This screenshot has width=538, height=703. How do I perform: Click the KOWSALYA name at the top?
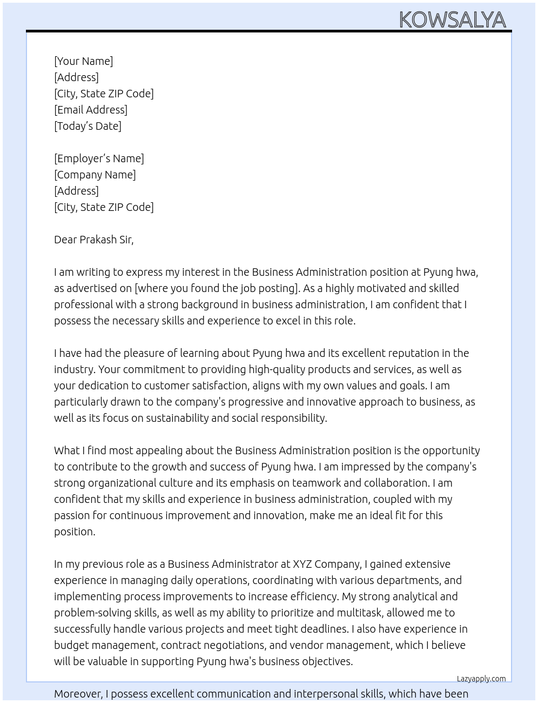[x=452, y=20]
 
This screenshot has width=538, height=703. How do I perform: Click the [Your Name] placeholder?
[x=83, y=61]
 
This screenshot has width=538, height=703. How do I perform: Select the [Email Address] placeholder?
[x=91, y=110]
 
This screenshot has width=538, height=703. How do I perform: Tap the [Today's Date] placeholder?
[x=88, y=126]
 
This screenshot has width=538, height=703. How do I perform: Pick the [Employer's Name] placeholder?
[x=99, y=158]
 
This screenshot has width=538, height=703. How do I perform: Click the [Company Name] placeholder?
[x=95, y=175]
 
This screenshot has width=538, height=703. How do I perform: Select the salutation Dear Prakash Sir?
[x=93, y=240]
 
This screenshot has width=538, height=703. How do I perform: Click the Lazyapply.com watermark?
[x=481, y=679]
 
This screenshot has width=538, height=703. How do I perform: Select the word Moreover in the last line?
[x=78, y=694]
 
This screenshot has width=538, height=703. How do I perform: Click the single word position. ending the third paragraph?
[x=75, y=532]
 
